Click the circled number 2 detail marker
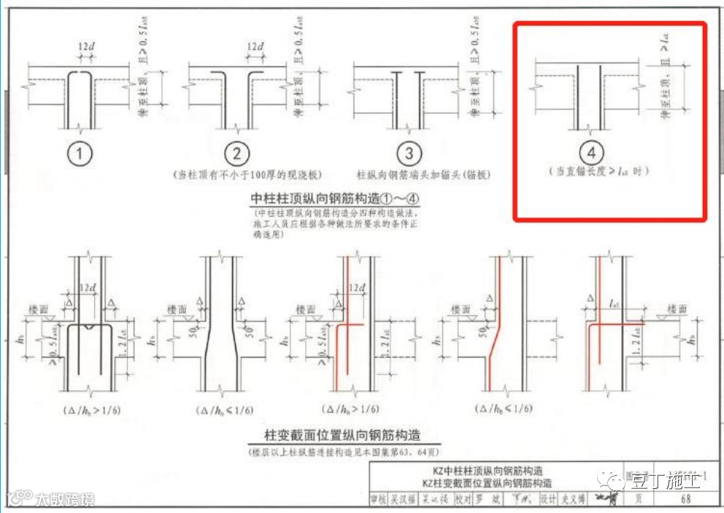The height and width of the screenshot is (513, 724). point(236,154)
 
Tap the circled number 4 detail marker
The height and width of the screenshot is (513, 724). point(591,153)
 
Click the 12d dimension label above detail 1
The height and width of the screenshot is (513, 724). point(85,47)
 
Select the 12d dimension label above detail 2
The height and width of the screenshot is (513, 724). point(255,47)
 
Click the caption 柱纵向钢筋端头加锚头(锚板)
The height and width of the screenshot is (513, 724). point(423,175)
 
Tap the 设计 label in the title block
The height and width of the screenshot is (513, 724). point(548,500)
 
